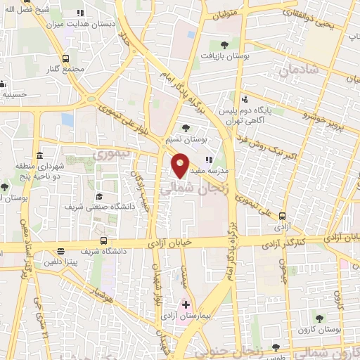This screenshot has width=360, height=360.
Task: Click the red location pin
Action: point(181,165)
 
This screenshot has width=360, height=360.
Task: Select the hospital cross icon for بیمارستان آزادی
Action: point(186,304)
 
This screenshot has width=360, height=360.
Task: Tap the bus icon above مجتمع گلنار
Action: point(65,59)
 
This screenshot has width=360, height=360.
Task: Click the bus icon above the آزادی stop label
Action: point(283,216)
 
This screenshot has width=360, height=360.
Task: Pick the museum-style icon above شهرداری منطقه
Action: point(40,155)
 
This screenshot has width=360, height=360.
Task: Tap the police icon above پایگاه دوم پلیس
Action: point(244,100)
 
